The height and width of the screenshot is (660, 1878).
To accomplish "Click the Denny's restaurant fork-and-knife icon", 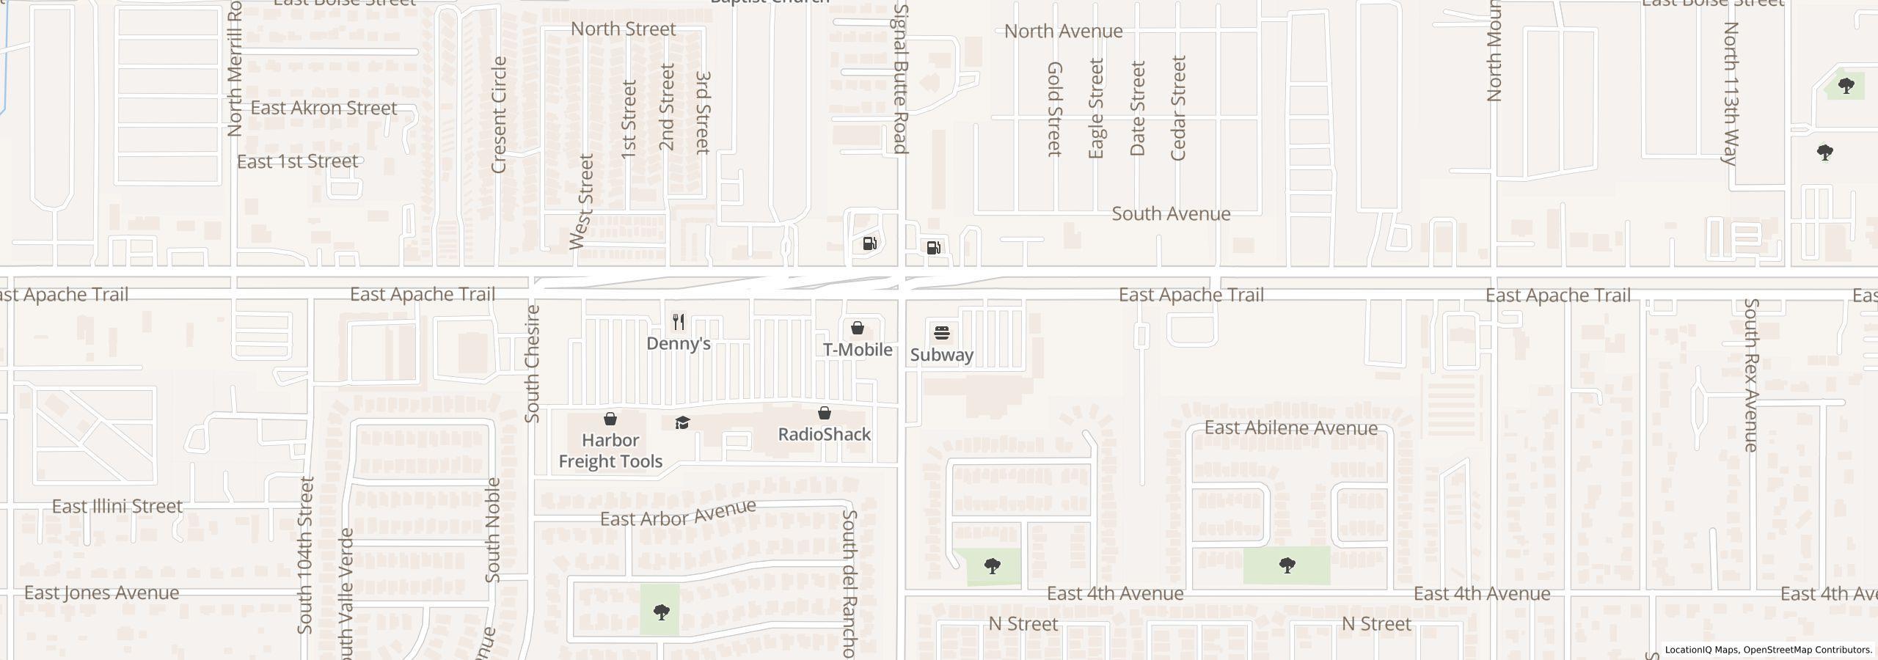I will pos(679,322).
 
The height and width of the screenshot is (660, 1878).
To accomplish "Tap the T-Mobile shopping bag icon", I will pos(857,328).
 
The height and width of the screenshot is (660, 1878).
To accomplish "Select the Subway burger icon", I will pos(942,334).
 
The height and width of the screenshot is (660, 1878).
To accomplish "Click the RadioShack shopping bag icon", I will pos(825,414).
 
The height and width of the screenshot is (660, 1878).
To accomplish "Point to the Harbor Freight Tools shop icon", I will pos(610,419).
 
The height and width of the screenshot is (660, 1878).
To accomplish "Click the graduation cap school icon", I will pos(682,423).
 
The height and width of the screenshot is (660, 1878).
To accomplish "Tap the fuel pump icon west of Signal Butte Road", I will pos(870,243).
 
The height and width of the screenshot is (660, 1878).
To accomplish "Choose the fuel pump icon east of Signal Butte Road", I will pos(934,248).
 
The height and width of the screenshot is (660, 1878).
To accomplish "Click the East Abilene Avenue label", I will pos(1291,428).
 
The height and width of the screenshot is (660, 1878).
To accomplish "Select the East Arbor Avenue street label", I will pos(678,513).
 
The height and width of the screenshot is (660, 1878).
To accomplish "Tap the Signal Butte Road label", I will pos(902,79).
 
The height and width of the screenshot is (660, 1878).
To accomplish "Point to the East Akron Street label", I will pos(324,108).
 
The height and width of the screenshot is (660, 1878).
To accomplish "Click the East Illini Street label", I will pos(117,507).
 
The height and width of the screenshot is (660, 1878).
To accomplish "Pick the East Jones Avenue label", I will pos(101,593).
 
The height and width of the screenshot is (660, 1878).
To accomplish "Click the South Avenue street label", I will pos(1171,214).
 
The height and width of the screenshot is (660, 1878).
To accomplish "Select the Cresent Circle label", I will pos(499,114).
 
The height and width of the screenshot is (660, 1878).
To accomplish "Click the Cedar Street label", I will pos(1178,108).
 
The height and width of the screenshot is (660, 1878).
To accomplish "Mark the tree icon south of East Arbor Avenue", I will pos(661,612).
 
